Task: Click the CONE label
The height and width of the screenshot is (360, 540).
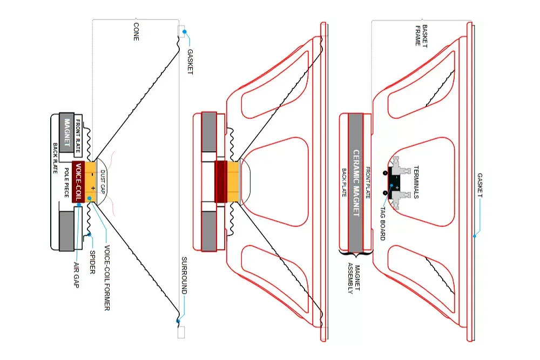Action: [136, 32]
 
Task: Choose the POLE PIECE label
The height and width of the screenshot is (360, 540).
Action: [66, 183]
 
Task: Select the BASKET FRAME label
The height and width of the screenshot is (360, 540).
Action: [421, 35]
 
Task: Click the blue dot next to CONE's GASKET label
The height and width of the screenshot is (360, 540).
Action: [184, 32]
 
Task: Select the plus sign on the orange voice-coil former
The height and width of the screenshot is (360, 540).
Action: [92, 189]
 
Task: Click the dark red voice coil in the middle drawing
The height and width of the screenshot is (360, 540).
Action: [220, 182]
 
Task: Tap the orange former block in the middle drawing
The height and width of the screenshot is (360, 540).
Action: [232, 182]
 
